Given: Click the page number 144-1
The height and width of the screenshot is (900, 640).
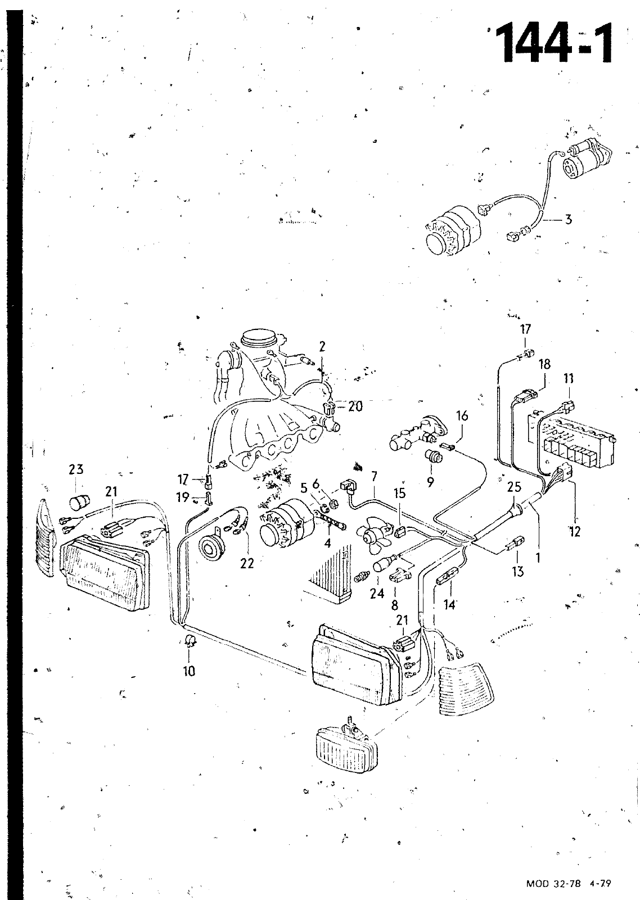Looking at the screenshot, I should click(553, 43).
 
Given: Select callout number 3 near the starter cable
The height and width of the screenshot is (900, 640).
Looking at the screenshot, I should click(569, 219).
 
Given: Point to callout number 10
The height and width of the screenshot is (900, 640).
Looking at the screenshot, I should click(189, 670).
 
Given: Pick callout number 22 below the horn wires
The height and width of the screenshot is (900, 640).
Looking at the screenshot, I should click(247, 563).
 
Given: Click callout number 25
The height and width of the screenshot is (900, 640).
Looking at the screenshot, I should click(514, 486).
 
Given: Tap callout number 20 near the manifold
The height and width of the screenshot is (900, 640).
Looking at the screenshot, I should click(355, 405).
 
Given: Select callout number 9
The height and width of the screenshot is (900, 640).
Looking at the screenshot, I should click(430, 481).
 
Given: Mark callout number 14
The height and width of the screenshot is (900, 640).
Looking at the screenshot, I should click(450, 605).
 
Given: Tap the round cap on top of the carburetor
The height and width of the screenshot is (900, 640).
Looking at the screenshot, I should click(259, 339).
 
